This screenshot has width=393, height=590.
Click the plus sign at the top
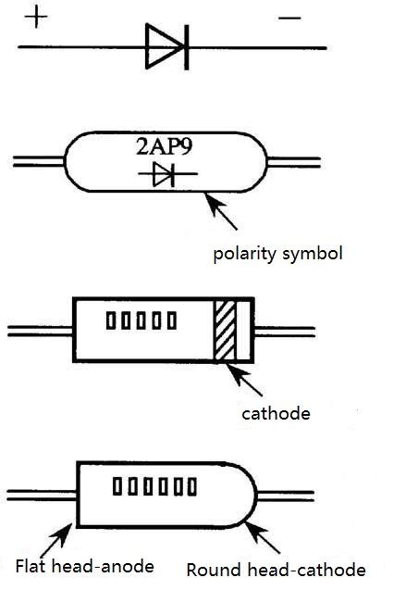coord(34,17)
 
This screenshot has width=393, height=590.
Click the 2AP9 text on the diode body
coord(167,146)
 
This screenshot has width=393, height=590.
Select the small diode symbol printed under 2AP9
coord(165,174)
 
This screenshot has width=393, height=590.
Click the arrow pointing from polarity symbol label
coord(222,207)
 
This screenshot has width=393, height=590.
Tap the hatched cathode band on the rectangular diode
coord(225,331)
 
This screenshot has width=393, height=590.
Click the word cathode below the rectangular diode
coord(276,412)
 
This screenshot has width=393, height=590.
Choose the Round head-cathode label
coord(276,570)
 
